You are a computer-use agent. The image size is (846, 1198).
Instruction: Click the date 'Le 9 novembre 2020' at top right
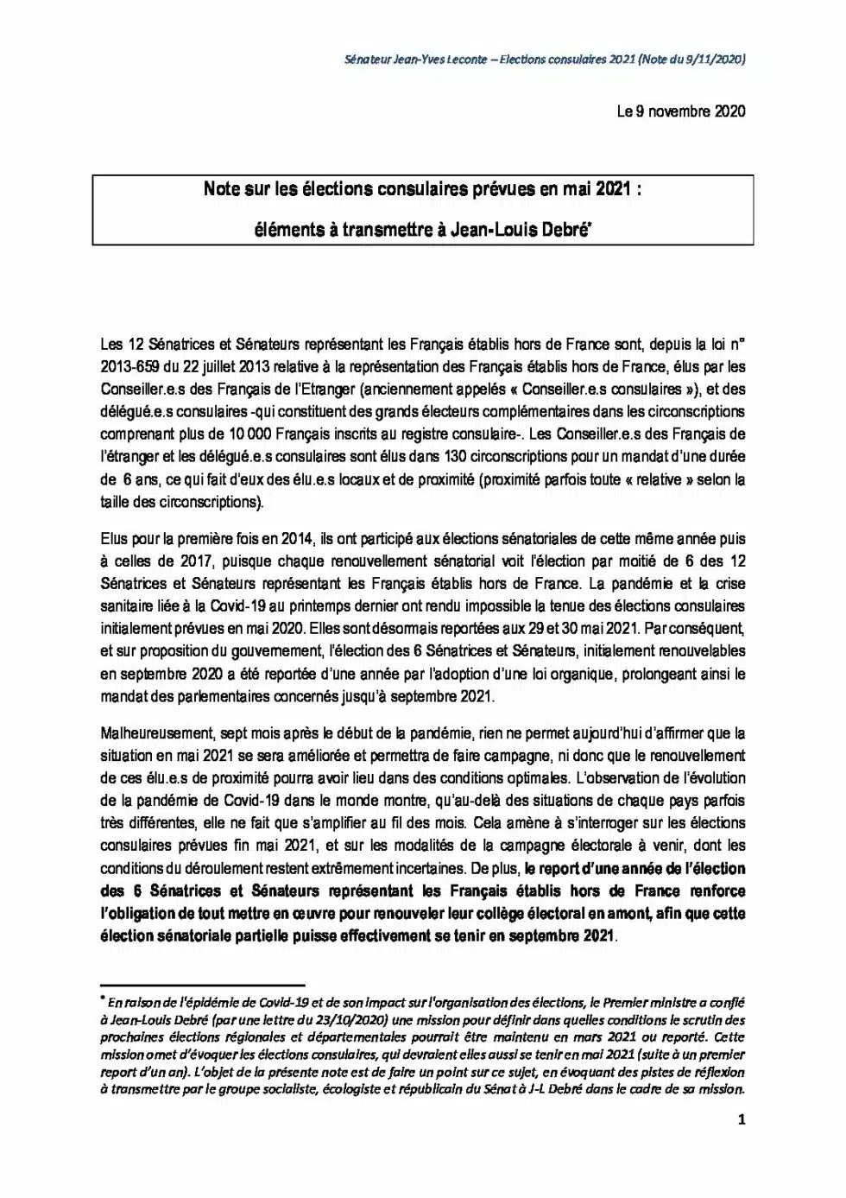click(x=680, y=111)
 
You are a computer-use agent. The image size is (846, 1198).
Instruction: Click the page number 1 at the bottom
click(x=742, y=1120)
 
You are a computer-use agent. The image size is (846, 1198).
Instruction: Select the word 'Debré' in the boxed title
click(x=565, y=230)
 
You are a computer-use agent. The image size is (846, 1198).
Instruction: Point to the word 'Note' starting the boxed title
click(x=222, y=188)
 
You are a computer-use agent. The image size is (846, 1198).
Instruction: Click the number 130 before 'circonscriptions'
click(x=457, y=456)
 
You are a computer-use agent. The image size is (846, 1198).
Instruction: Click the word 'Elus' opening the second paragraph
click(x=113, y=539)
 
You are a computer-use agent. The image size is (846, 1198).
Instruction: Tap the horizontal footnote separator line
click(x=203, y=984)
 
